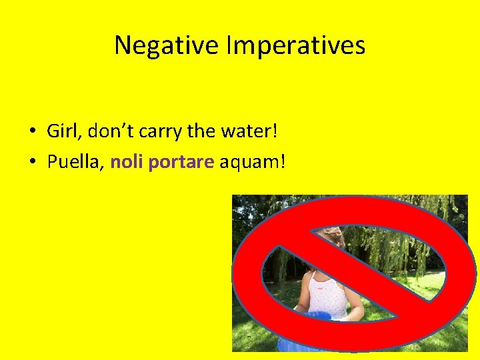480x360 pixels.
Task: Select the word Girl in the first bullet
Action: [x=60, y=131]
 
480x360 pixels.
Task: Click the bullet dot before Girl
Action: [x=31, y=131]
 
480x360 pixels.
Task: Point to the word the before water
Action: [x=201, y=131]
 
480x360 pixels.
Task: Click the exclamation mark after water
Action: [x=273, y=131]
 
